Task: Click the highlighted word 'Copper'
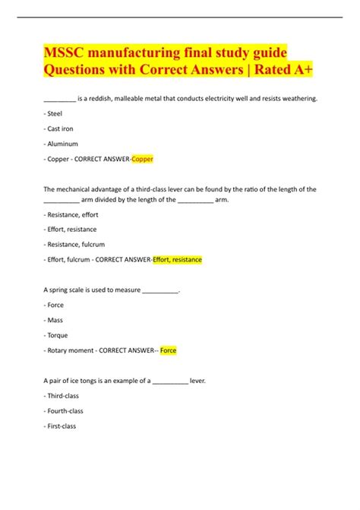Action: coord(142,159)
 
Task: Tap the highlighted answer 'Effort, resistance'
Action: coord(177,259)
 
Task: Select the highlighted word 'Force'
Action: coord(169,350)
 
